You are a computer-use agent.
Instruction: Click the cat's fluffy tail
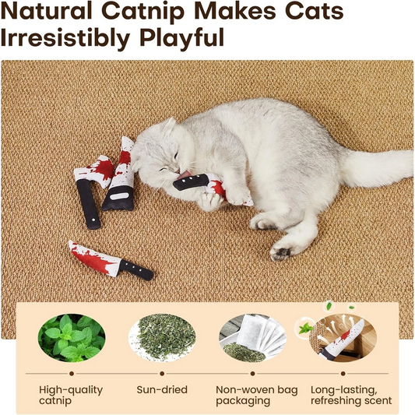tap(382, 168)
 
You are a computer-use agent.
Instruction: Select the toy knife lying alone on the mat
tap(109, 259)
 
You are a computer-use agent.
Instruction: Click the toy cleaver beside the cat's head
tap(120, 177)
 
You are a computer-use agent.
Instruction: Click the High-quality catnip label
tap(66, 394)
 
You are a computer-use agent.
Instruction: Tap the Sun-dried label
tap(160, 388)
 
